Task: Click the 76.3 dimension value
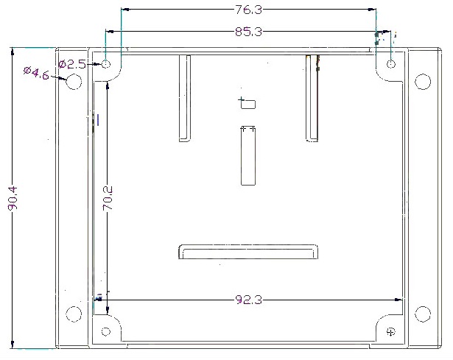tap(249, 10)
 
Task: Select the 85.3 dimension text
tap(249, 32)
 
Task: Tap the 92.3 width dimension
tap(249, 300)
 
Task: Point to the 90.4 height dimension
tap(13, 198)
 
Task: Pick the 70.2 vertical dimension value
tap(108, 198)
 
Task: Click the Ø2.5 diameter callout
tap(72, 64)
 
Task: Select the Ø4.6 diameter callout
tap(36, 73)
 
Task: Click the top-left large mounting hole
tap(74, 82)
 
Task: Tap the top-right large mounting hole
tap(423, 82)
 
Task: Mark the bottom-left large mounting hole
tap(74, 314)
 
